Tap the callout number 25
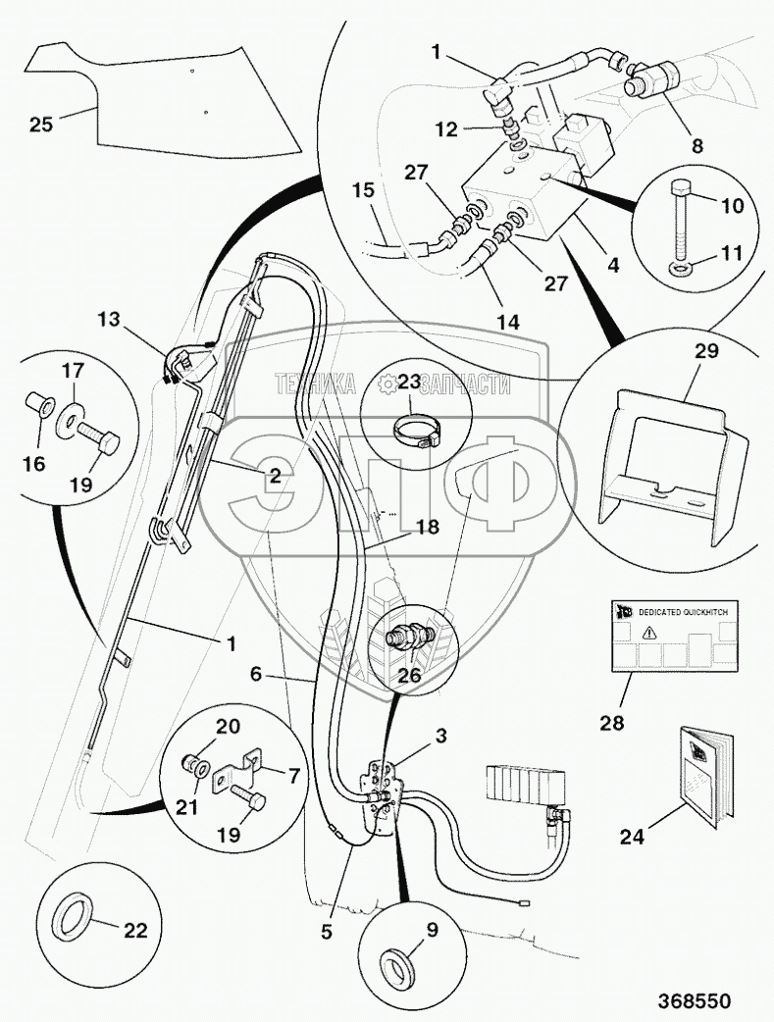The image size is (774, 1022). tap(40, 125)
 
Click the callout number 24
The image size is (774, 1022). tap(632, 837)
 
